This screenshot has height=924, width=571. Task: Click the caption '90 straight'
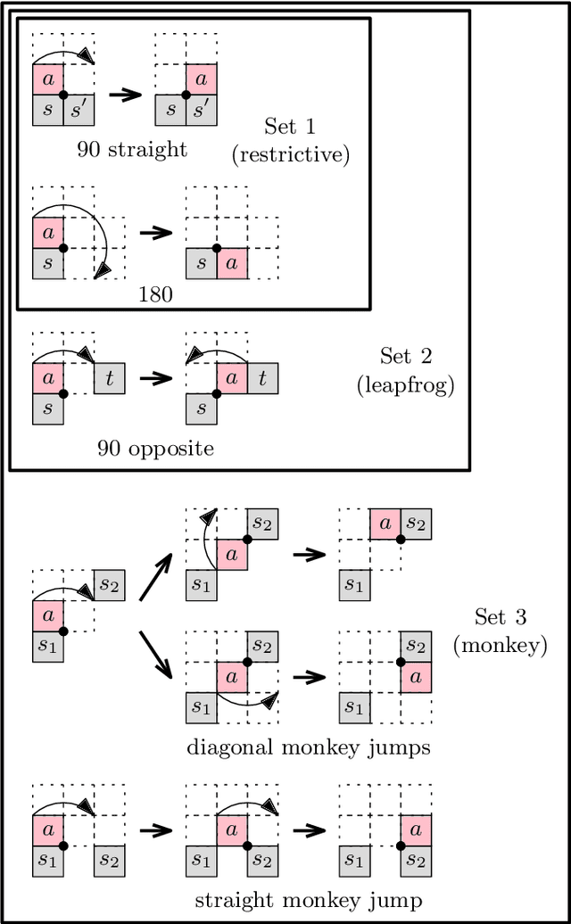click(x=132, y=149)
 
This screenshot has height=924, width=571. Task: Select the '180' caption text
click(x=156, y=293)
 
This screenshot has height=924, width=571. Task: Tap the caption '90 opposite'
click(x=156, y=448)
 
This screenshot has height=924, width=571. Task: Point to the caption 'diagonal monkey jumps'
click(x=308, y=747)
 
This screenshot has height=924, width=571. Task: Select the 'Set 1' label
click(x=290, y=126)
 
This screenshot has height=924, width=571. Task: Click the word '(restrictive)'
click(x=290, y=153)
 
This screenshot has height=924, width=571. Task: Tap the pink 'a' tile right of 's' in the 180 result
click(x=232, y=264)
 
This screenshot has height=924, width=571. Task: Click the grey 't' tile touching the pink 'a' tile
click(x=263, y=378)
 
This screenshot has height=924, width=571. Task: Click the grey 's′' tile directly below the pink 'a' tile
click(x=201, y=110)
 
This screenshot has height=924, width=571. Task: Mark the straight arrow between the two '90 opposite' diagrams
click(x=155, y=378)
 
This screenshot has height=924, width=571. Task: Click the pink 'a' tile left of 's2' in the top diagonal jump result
click(x=385, y=524)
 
